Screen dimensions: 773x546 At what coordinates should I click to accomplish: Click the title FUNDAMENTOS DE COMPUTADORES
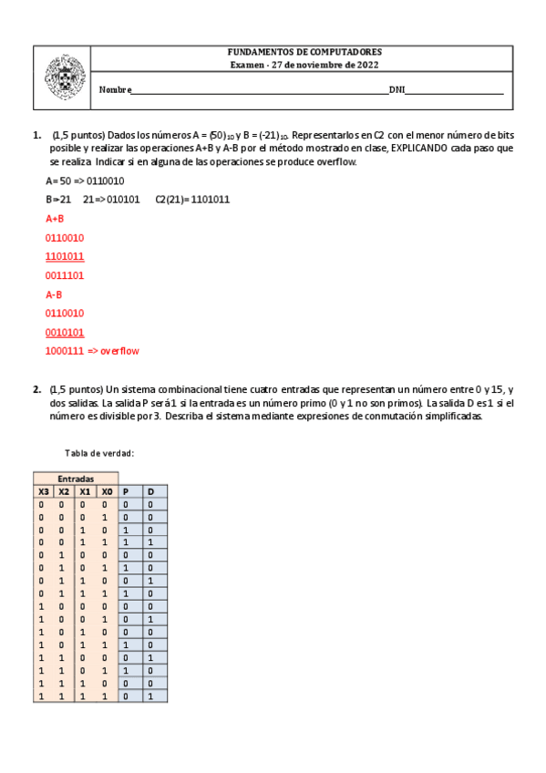tap(304, 53)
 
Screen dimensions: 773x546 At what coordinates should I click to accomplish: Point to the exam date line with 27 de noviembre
tap(304, 66)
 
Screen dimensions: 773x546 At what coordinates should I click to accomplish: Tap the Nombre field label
tap(115, 90)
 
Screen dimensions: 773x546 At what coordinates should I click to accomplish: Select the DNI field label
tap(397, 90)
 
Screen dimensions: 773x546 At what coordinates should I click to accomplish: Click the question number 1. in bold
tap(36, 135)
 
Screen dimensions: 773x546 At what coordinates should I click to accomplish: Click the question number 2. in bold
tap(36, 389)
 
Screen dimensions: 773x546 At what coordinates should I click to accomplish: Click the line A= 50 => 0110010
tap(85, 180)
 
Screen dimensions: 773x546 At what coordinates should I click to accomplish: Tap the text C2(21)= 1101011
tap(192, 199)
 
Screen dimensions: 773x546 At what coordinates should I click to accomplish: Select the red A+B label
tap(55, 219)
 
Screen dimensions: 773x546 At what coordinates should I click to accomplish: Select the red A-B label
tap(55, 294)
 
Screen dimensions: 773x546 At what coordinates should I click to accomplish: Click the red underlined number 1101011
tap(65, 256)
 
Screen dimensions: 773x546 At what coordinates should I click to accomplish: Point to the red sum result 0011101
tap(65, 275)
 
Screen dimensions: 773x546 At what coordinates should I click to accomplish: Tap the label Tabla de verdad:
tap(100, 453)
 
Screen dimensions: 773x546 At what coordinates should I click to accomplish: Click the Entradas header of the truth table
tap(76, 478)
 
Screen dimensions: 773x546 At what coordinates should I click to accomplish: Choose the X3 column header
tap(43, 490)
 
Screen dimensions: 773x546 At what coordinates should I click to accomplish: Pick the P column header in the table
tap(127, 490)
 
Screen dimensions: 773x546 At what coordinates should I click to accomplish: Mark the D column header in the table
tap(151, 490)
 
